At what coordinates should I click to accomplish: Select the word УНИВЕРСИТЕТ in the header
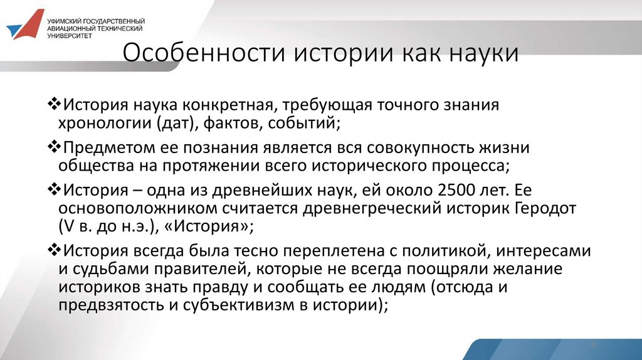click(x=70, y=36)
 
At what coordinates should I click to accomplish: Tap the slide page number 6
click(x=592, y=346)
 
